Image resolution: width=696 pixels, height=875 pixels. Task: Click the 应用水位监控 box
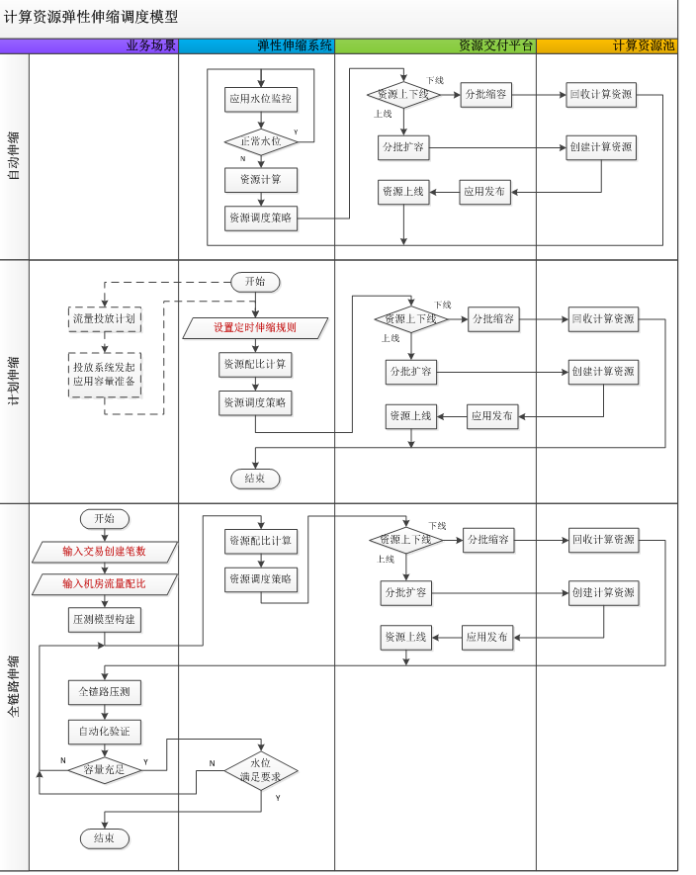(261, 99)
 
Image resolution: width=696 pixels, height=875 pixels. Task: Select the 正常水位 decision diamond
(261, 141)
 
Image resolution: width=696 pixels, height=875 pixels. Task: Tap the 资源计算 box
(261, 180)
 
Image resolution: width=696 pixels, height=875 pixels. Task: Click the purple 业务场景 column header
(89, 45)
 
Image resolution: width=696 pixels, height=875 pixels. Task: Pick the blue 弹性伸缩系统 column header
(257, 45)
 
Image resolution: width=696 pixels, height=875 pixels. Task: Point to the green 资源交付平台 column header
(435, 45)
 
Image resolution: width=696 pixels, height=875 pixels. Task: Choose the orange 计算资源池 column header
(607, 45)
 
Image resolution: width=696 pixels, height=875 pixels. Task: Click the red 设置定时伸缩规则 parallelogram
(255, 328)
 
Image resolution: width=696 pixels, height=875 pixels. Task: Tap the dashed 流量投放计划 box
(105, 319)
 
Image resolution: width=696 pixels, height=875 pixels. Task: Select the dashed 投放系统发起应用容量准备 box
(105, 375)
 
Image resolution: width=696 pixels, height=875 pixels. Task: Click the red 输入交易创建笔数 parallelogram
(105, 552)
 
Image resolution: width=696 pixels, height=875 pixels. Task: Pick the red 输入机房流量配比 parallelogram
(105, 584)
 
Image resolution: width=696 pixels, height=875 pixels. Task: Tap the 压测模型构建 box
(105, 620)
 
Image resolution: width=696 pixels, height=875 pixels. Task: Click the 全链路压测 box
(105, 692)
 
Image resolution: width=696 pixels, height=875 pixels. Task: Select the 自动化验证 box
(105, 732)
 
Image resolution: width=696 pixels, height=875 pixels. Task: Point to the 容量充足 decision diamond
(105, 770)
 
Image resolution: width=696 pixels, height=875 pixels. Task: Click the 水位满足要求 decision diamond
(261, 770)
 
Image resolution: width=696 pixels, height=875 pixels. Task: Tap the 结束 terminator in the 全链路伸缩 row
(105, 838)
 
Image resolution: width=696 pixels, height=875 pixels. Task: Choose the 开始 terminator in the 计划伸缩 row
(255, 282)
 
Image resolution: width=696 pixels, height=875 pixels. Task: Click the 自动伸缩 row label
(14, 156)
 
